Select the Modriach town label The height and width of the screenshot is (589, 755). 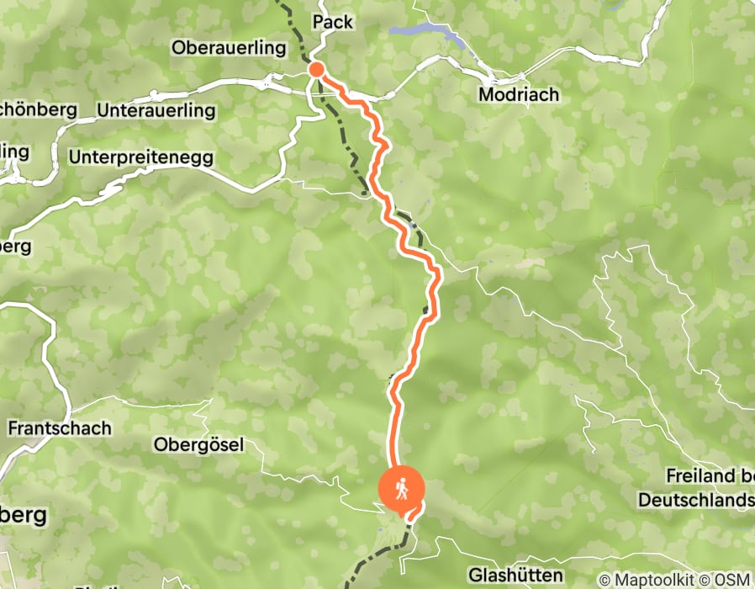click(518, 94)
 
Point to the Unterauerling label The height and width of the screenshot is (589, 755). click(156, 110)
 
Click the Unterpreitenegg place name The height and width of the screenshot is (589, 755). click(142, 157)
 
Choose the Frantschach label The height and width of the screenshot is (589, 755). click(59, 428)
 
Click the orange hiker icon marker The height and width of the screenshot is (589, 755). click(402, 489)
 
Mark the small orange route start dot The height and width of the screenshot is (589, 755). click(316, 69)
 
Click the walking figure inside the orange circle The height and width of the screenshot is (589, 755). click(402, 488)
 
